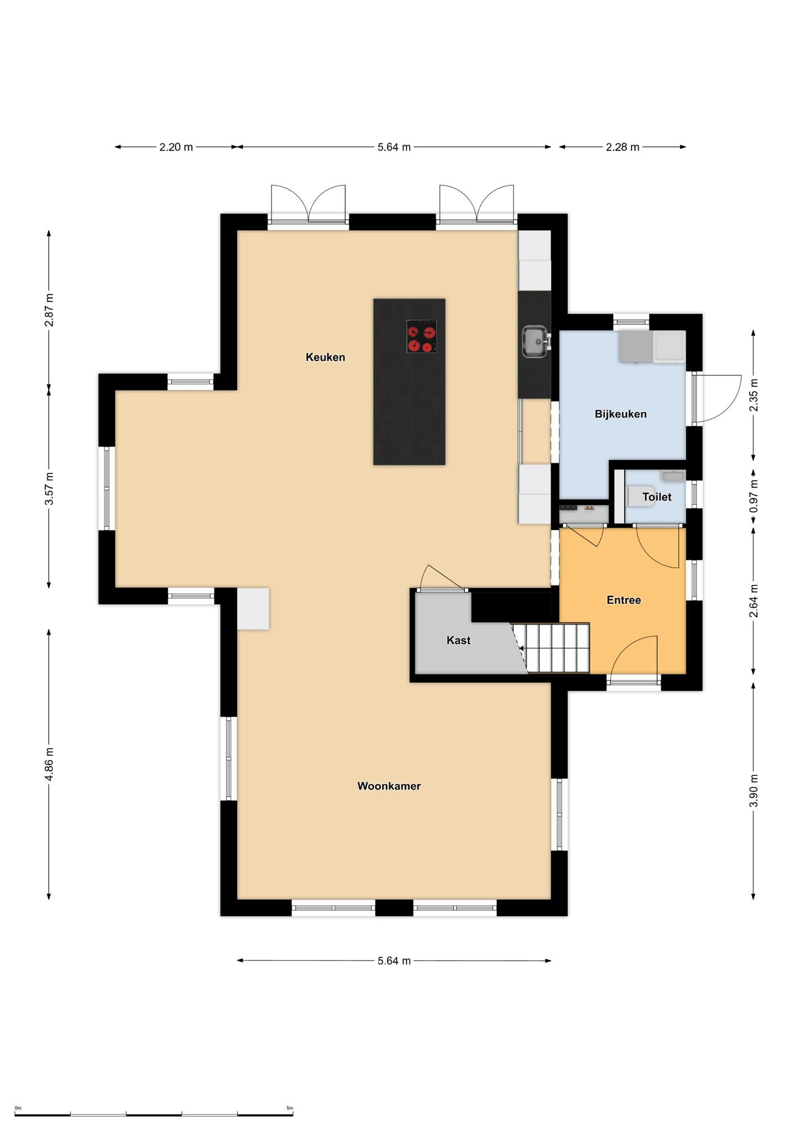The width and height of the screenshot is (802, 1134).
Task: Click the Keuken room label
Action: point(325,358)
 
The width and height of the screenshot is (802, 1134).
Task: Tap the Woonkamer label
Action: point(389,786)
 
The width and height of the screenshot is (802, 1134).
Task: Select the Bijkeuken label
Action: point(620,414)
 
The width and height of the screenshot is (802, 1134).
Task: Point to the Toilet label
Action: point(657,497)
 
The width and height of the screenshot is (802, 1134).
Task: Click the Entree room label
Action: point(624,600)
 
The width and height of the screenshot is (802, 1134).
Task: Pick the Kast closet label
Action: point(459,641)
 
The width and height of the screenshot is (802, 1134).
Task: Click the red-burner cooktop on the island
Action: point(421,336)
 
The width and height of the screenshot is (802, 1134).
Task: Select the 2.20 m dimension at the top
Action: point(176,147)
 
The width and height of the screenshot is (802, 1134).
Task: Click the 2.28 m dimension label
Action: point(623,147)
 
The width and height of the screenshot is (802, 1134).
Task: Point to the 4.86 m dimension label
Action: point(49,764)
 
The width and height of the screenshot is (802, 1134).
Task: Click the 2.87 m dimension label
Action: point(49,309)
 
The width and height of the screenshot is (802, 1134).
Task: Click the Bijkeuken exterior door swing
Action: point(717,399)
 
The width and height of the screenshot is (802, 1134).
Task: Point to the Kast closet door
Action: point(442,578)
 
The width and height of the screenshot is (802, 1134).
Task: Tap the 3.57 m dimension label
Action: point(49,488)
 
